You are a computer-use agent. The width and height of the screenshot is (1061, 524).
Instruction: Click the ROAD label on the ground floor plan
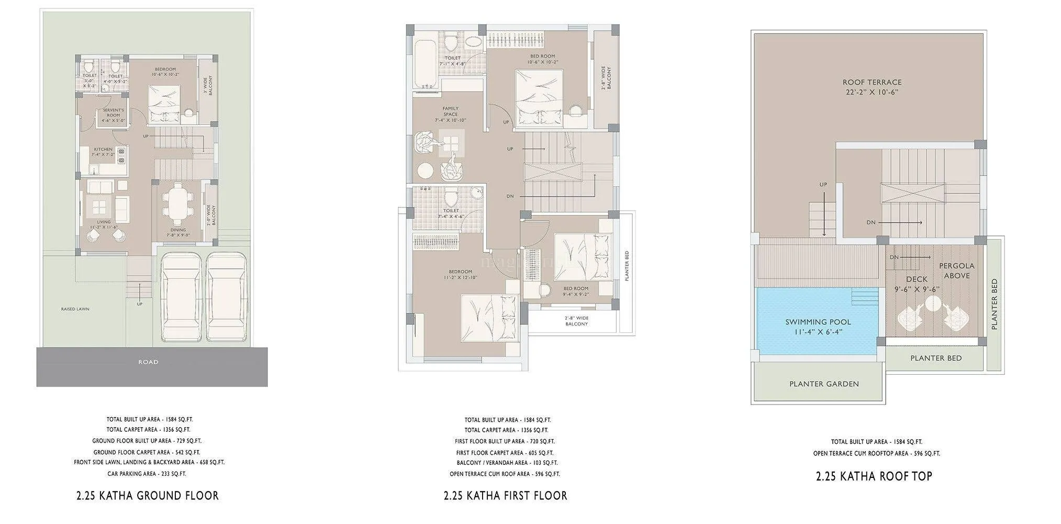click(148, 362)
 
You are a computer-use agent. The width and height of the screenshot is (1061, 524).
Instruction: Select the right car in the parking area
click(226, 298)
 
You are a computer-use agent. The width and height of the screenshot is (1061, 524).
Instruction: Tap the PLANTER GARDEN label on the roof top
click(824, 384)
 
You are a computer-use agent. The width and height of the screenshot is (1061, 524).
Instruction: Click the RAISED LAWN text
click(75, 309)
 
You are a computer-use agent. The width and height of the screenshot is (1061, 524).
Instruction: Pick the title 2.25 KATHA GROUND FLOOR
click(148, 496)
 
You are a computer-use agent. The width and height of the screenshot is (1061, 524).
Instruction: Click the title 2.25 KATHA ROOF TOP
click(874, 476)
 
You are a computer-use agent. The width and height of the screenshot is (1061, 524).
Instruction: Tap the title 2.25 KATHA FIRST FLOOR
click(505, 496)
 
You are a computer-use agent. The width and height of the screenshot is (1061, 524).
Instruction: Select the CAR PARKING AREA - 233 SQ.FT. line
click(147, 474)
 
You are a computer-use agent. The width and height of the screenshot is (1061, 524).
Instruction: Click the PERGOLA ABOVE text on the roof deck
click(957, 271)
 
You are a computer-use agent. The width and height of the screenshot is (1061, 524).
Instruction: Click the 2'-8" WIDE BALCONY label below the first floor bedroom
click(576, 321)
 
